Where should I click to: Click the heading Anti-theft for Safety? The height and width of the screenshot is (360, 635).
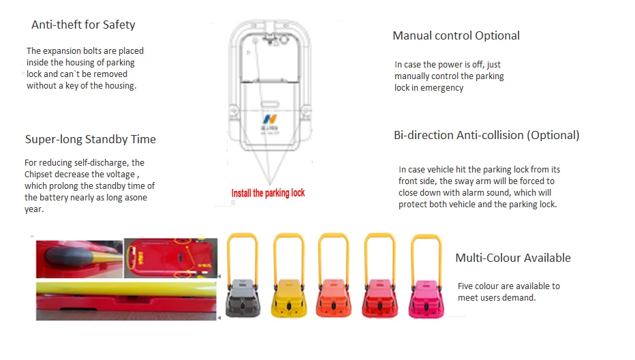tap(83, 25)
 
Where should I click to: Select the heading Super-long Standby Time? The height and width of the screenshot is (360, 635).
tap(90, 140)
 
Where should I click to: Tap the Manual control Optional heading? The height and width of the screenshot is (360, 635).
tap(456, 35)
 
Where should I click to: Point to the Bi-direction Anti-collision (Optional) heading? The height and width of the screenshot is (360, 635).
tap(486, 135)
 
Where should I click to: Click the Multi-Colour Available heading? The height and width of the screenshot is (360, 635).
tap(512, 258)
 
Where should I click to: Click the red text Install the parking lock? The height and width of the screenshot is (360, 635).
tap(268, 193)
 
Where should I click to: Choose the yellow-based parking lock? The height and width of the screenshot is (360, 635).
tap(288, 298)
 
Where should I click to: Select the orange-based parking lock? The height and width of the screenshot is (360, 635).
tap(333, 298)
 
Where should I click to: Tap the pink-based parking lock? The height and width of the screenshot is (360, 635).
tap(426, 298)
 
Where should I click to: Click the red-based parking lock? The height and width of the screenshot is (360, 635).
tap(380, 298)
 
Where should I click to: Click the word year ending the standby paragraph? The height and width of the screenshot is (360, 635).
tap(34, 209)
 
